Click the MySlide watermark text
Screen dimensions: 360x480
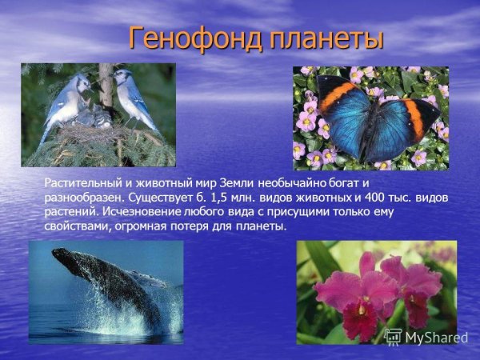coord(435,338)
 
